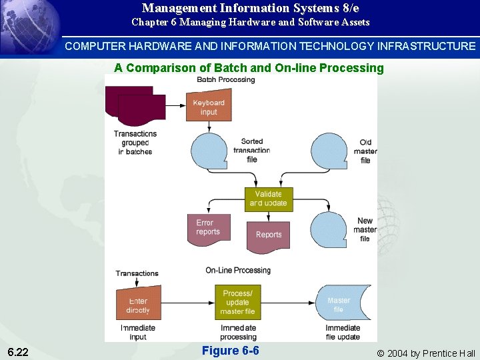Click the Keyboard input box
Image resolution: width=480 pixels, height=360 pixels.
(209, 107)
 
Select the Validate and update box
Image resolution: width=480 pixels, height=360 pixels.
(268, 199)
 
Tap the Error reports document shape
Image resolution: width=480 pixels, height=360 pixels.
(208, 228)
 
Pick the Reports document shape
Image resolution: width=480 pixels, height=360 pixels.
(269, 235)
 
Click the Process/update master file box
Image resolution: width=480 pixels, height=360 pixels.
(237, 302)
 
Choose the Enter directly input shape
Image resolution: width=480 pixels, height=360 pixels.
(139, 305)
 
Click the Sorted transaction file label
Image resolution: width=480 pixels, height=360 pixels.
(251, 151)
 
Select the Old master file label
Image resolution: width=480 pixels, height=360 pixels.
(365, 151)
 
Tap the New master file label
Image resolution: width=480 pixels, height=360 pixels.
(365, 230)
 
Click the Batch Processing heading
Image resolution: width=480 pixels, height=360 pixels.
(225, 80)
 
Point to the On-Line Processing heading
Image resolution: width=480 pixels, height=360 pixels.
(238, 270)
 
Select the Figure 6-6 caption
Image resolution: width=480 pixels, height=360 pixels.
(230, 351)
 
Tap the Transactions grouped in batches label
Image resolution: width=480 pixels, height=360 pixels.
(135, 143)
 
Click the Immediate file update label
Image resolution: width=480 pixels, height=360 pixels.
(343, 332)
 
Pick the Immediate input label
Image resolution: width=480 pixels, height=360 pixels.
(138, 332)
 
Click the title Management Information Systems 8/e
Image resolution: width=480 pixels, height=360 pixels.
(250, 8)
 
